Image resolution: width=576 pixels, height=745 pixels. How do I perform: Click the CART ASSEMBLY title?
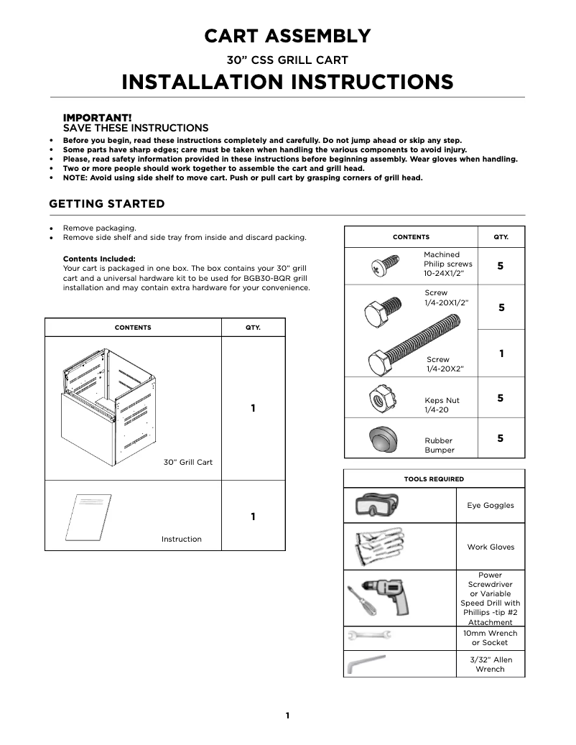click(287, 36)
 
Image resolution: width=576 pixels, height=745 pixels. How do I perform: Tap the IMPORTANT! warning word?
click(98, 117)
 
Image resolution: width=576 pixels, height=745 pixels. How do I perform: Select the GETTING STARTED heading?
click(106, 204)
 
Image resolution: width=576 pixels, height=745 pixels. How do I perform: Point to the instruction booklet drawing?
click(88, 518)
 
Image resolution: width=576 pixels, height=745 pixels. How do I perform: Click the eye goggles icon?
click(377, 506)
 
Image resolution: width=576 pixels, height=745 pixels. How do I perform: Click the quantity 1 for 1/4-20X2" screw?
click(501, 353)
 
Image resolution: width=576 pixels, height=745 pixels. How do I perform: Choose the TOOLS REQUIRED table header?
click(434, 479)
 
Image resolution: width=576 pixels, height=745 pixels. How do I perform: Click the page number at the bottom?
click(287, 716)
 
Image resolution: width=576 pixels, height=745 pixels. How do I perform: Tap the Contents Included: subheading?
click(99, 259)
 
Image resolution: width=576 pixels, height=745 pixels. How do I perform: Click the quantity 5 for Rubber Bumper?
click(501, 438)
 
